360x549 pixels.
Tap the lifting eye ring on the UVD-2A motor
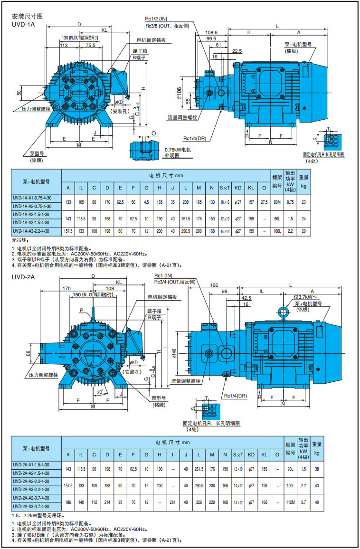point(284,312)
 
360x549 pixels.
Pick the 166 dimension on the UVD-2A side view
point(214,285)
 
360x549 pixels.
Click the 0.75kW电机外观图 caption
point(177,152)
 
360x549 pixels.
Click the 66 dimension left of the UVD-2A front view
point(28,353)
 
